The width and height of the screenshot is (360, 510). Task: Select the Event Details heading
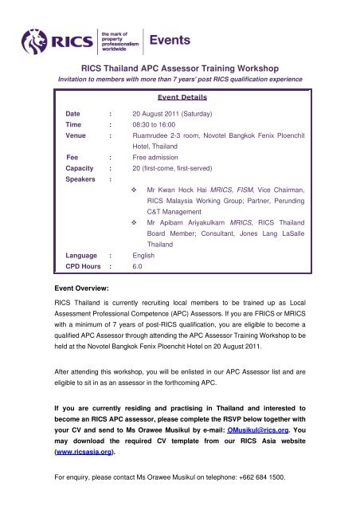tap(181, 98)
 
